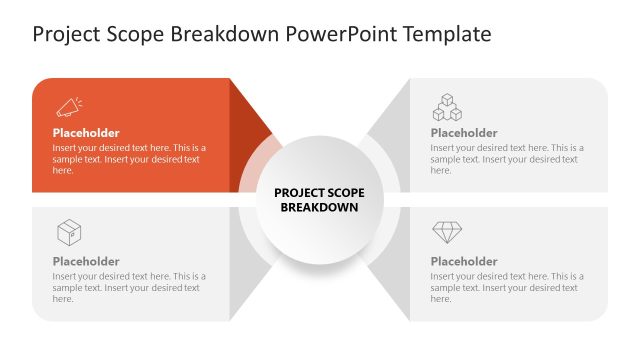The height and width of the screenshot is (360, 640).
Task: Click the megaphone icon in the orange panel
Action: pyautogui.click(x=68, y=106)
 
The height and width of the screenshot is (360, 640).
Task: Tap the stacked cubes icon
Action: pyautogui.click(x=446, y=106)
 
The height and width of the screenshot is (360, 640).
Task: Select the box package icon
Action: pyautogui.click(x=68, y=233)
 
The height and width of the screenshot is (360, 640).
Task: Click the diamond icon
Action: pyautogui.click(x=446, y=233)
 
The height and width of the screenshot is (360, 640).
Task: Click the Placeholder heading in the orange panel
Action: pyautogui.click(x=86, y=133)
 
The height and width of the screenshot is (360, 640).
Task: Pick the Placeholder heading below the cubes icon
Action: pyautogui.click(x=464, y=133)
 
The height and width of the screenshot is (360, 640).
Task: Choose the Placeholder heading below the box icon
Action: pyautogui.click(x=86, y=262)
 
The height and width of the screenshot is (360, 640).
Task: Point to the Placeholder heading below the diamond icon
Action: pyautogui.click(x=464, y=262)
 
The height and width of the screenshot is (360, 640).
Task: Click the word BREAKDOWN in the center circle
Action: pyautogui.click(x=319, y=208)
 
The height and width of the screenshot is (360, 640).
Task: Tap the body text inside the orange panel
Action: pyautogui.click(x=128, y=159)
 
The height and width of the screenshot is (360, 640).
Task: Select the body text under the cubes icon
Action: pyautogui.click(x=506, y=159)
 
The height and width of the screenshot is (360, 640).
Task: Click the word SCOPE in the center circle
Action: pyautogui.click(x=345, y=192)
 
